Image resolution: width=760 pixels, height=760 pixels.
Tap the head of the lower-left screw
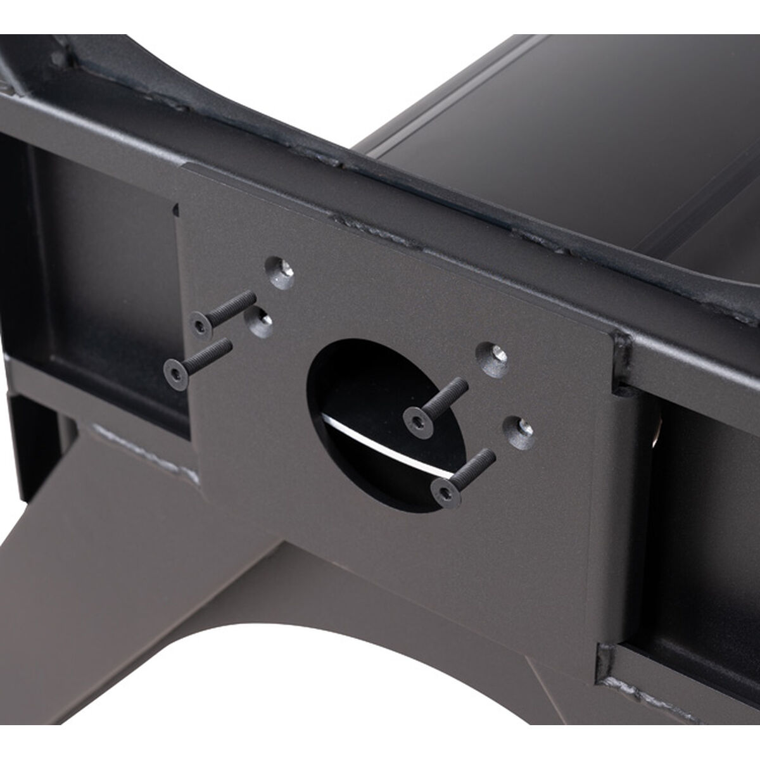click(174, 369)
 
